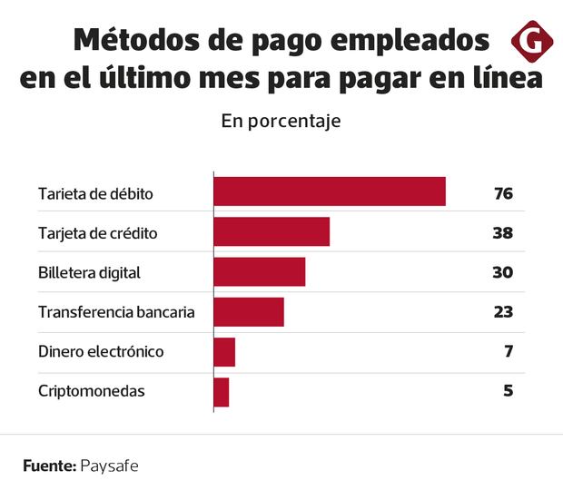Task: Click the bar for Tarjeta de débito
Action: pyautogui.click(x=329, y=192)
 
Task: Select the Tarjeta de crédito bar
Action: pyautogui.click(x=271, y=232)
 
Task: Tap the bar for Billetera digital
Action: pyautogui.click(x=259, y=272)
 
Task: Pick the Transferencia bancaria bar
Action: pyautogui.click(x=248, y=312)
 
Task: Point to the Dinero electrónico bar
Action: pyautogui.click(x=224, y=352)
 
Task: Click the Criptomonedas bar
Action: pyautogui.click(x=221, y=392)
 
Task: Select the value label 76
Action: pyautogui.click(x=503, y=193)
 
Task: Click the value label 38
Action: pyautogui.click(x=503, y=233)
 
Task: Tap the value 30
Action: pyautogui.click(x=503, y=273)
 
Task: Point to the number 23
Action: pyautogui.click(x=503, y=313)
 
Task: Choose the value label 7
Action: pyautogui.click(x=509, y=352)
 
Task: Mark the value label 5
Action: pyautogui.click(x=509, y=392)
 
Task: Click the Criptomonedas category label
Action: pyautogui.click(x=91, y=392)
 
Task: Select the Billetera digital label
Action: pyautogui.click(x=89, y=273)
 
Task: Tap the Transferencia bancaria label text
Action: pyautogui.click(x=116, y=313)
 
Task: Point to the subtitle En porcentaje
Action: pyautogui.click(x=281, y=121)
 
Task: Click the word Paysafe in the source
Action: pyautogui.click(x=110, y=466)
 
